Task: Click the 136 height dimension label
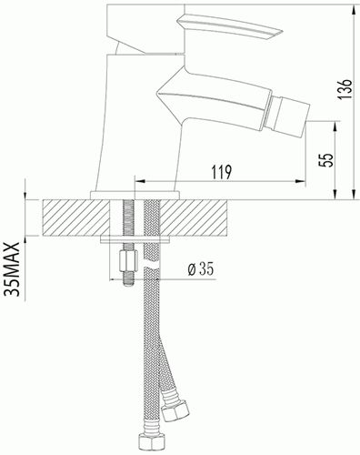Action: pos(345,89)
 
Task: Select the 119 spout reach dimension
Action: pos(222,172)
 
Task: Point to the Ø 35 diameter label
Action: pos(201,268)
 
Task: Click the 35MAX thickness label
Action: pos(13,269)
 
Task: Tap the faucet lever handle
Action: pos(230,26)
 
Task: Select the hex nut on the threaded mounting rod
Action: pos(128,261)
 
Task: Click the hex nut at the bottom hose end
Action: pos(152,444)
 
